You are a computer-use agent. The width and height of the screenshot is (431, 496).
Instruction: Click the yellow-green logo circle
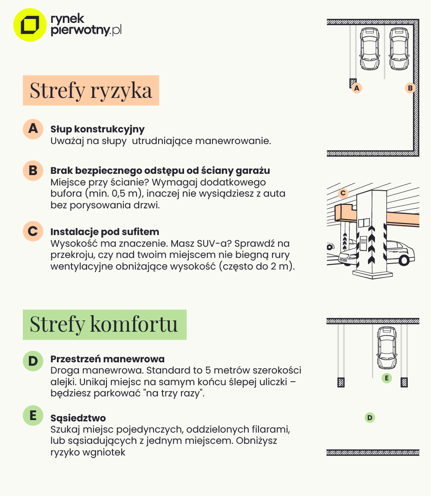coord(30,25)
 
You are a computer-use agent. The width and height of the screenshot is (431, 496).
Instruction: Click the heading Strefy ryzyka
coord(91,91)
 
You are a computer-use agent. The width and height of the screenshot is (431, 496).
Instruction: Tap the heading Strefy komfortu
coord(104,324)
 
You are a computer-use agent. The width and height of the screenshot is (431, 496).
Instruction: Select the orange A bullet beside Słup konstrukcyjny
coord(33,129)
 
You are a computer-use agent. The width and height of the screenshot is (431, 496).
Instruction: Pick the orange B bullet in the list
coord(33,170)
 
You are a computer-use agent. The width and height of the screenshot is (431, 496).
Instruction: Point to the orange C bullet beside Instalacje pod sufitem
coord(33,231)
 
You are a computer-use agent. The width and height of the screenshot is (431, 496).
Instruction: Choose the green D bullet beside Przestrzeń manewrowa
coord(33,361)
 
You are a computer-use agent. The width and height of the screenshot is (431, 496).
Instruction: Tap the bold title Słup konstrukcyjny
coord(97,129)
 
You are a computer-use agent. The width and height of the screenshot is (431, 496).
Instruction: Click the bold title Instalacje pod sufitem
coord(105,232)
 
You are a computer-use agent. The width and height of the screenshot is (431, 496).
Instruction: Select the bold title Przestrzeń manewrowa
coord(107,359)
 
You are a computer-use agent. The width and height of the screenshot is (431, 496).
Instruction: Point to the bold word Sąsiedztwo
coord(78,418)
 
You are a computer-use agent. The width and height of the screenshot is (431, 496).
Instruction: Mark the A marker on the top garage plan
coord(356,88)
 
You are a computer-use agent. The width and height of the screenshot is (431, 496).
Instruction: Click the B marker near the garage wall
coord(410,88)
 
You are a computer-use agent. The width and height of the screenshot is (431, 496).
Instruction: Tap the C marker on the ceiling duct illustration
coord(343,193)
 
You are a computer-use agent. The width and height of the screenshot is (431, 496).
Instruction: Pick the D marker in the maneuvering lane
coord(369,417)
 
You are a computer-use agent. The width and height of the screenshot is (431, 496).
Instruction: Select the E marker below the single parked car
coord(387,378)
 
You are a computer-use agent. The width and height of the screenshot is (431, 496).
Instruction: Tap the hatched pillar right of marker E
coord(404,382)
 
